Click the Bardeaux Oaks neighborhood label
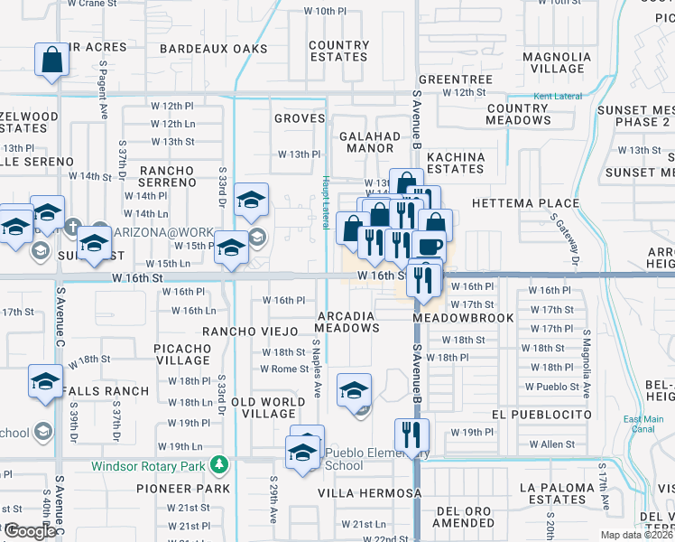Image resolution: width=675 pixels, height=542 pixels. click(x=214, y=48)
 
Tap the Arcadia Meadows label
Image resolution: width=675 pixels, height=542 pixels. click(x=347, y=321)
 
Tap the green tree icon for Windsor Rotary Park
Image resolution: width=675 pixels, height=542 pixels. click(x=218, y=465)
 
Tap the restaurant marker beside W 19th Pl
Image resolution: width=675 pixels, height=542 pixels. click(x=411, y=435)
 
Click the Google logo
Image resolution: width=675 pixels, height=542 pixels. click(x=30, y=531)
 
